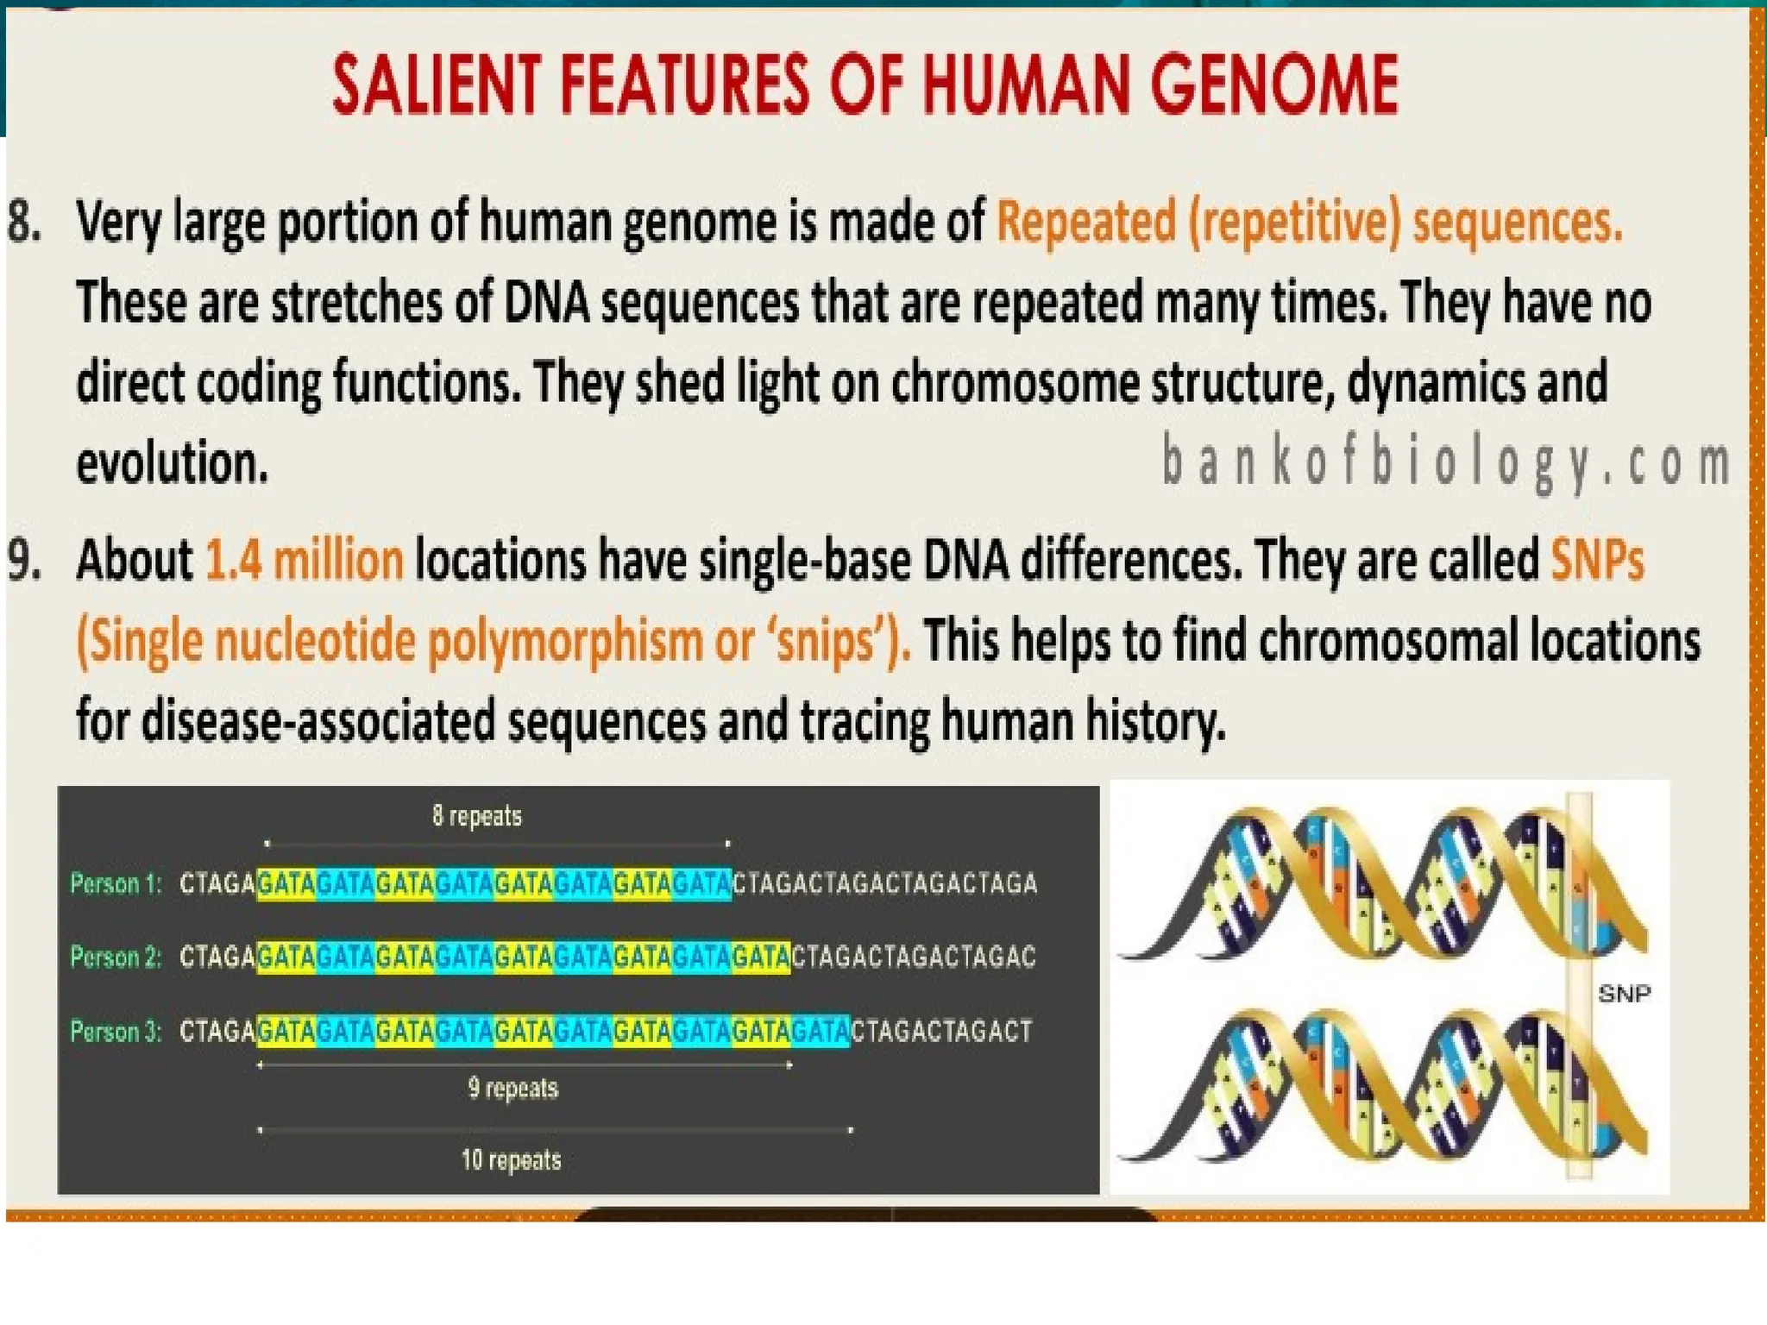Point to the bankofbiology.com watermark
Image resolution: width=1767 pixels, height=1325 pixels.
1445,462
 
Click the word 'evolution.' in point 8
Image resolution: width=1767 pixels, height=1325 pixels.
172,462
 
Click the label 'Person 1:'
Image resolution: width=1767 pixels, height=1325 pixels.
116,883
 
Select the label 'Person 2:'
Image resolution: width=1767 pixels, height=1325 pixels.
116,957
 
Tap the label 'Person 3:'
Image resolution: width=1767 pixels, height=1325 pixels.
116,1031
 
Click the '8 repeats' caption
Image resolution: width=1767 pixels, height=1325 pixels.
477,815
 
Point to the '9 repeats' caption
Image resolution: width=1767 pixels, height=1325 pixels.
513,1088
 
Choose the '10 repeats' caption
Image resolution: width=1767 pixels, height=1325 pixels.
511,1159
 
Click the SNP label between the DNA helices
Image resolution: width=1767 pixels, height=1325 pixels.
1624,994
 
